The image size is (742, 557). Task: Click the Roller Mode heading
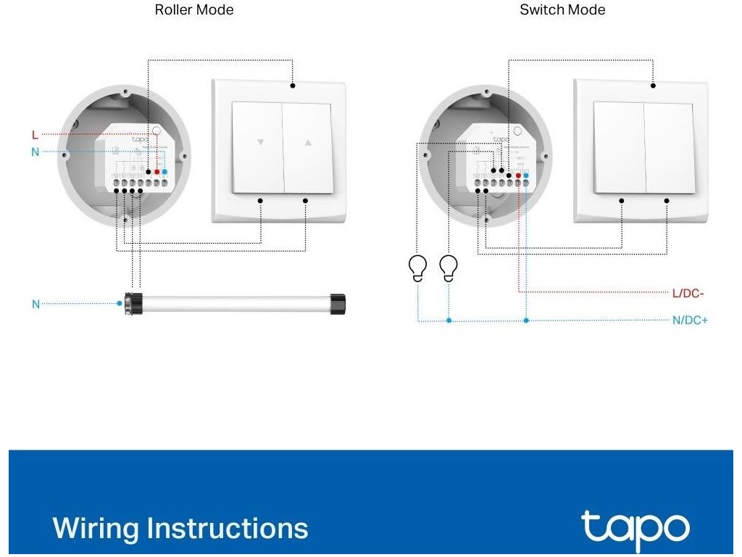[x=194, y=10]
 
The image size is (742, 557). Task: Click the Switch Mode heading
[x=562, y=10]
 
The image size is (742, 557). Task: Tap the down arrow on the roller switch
[x=260, y=143]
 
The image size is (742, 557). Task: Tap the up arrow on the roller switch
[x=307, y=143]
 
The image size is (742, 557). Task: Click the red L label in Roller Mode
[x=35, y=135]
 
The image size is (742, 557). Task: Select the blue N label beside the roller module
[x=35, y=152]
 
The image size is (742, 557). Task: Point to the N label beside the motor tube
[x=36, y=305]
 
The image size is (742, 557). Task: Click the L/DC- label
[x=688, y=293]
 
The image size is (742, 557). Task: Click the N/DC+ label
[x=690, y=320]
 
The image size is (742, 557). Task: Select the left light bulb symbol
[x=418, y=268]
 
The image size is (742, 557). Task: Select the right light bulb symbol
[x=449, y=268]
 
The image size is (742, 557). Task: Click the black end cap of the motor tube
[x=336, y=303]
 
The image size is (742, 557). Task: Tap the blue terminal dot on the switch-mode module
[x=526, y=176]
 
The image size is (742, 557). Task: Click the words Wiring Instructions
[x=180, y=528]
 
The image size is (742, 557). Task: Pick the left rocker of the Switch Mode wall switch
[x=618, y=148]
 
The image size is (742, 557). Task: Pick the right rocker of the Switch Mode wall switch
[x=668, y=148]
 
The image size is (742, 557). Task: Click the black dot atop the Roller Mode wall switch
[x=293, y=86]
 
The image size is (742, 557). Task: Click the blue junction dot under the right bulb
[x=449, y=320]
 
